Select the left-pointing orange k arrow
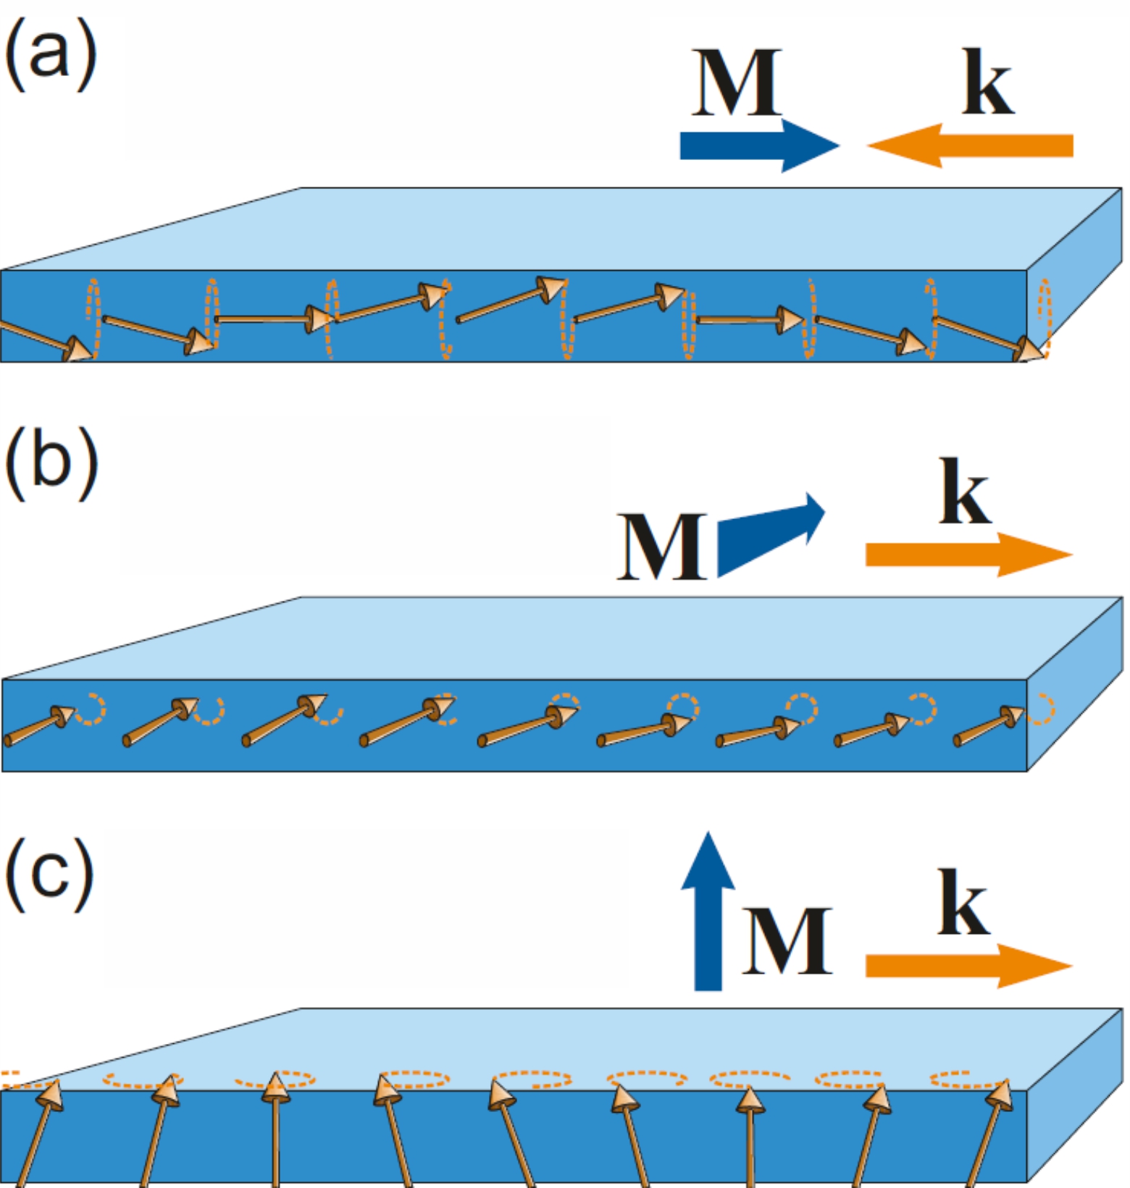point(971,146)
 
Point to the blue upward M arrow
point(708,912)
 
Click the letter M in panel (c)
point(787,940)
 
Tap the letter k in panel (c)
point(963,902)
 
